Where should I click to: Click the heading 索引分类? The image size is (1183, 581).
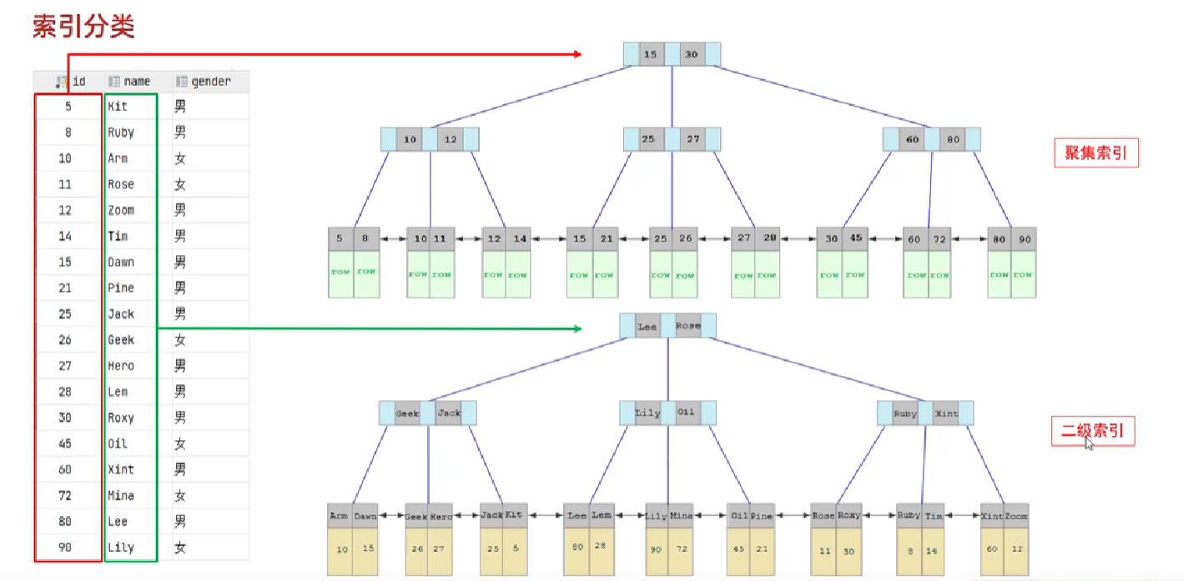click(83, 27)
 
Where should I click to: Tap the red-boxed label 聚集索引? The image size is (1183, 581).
click(1095, 153)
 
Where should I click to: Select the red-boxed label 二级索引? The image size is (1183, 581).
click(1092, 431)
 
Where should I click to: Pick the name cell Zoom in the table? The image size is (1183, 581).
click(121, 210)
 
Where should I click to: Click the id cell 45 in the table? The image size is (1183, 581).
click(65, 443)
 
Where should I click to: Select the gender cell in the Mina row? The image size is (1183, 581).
click(180, 495)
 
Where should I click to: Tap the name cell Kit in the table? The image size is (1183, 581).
click(118, 107)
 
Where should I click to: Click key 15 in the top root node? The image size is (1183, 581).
click(651, 55)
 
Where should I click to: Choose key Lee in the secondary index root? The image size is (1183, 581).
click(647, 327)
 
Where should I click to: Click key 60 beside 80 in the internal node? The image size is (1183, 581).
click(912, 139)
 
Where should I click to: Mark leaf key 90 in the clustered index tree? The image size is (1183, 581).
click(1024, 239)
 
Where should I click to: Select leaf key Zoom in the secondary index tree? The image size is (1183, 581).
click(1016, 516)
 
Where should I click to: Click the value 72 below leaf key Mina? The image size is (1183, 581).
click(682, 550)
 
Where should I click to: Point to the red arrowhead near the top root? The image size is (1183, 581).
click(576, 55)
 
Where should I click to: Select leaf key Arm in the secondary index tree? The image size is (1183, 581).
click(339, 516)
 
